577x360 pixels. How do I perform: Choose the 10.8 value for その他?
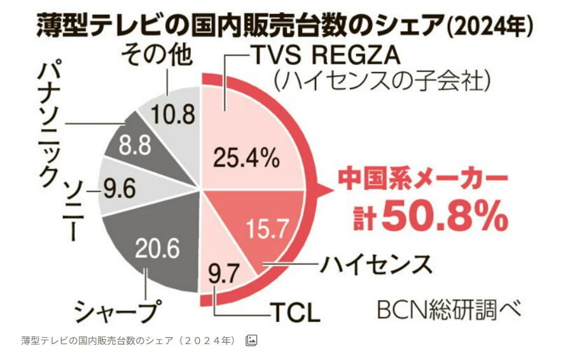point(169,114)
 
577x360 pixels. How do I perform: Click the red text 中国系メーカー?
point(423,179)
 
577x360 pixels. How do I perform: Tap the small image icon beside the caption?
point(251,340)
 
